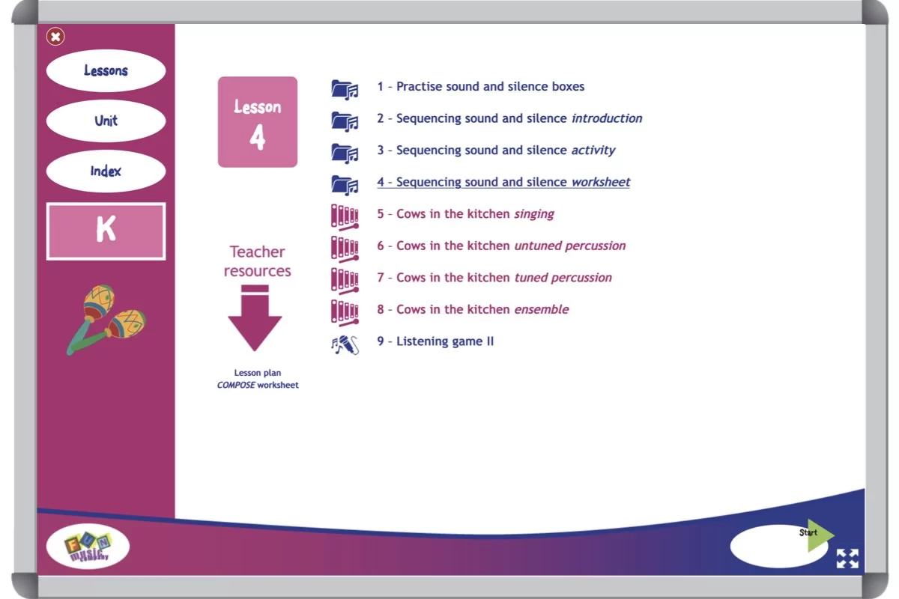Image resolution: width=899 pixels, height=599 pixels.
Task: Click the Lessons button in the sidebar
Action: coord(106,71)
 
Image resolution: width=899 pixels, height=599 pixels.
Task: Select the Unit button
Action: coord(106,121)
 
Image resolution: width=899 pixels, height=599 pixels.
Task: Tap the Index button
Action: coord(106,171)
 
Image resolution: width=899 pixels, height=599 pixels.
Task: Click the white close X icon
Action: coord(55,36)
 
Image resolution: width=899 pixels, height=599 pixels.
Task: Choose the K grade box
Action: coord(106,231)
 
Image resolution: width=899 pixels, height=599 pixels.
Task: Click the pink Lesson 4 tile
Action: coord(257,122)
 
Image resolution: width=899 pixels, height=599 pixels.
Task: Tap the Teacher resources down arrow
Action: coord(255,318)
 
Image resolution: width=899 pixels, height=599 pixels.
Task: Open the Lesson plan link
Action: coord(257,373)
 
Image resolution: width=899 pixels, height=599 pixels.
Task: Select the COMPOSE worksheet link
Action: coord(257,385)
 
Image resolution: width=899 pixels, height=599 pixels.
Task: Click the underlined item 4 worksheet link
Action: coord(503,182)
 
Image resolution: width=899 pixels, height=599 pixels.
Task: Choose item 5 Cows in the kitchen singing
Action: coord(465,214)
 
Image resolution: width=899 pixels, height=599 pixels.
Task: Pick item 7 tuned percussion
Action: coord(494,278)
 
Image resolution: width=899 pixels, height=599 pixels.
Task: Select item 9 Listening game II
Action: coord(435,341)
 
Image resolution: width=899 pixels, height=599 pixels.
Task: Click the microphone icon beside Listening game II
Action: coord(345,344)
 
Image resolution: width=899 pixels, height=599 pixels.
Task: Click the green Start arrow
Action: coord(820,535)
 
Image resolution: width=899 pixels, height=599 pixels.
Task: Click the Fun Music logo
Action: coord(88,547)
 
